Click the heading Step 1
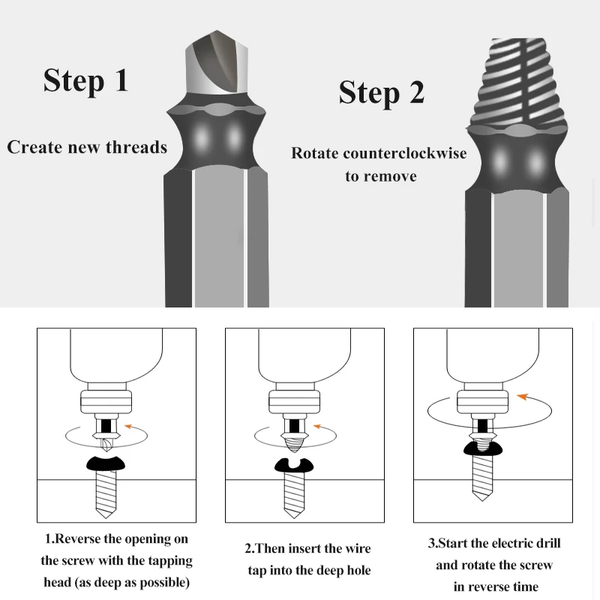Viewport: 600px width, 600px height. [x=85, y=80]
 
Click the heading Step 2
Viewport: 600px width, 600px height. [x=381, y=92]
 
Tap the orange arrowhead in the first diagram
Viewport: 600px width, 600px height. [x=127, y=427]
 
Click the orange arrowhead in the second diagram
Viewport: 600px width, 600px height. [x=316, y=428]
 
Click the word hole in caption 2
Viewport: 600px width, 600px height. [x=355, y=571]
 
